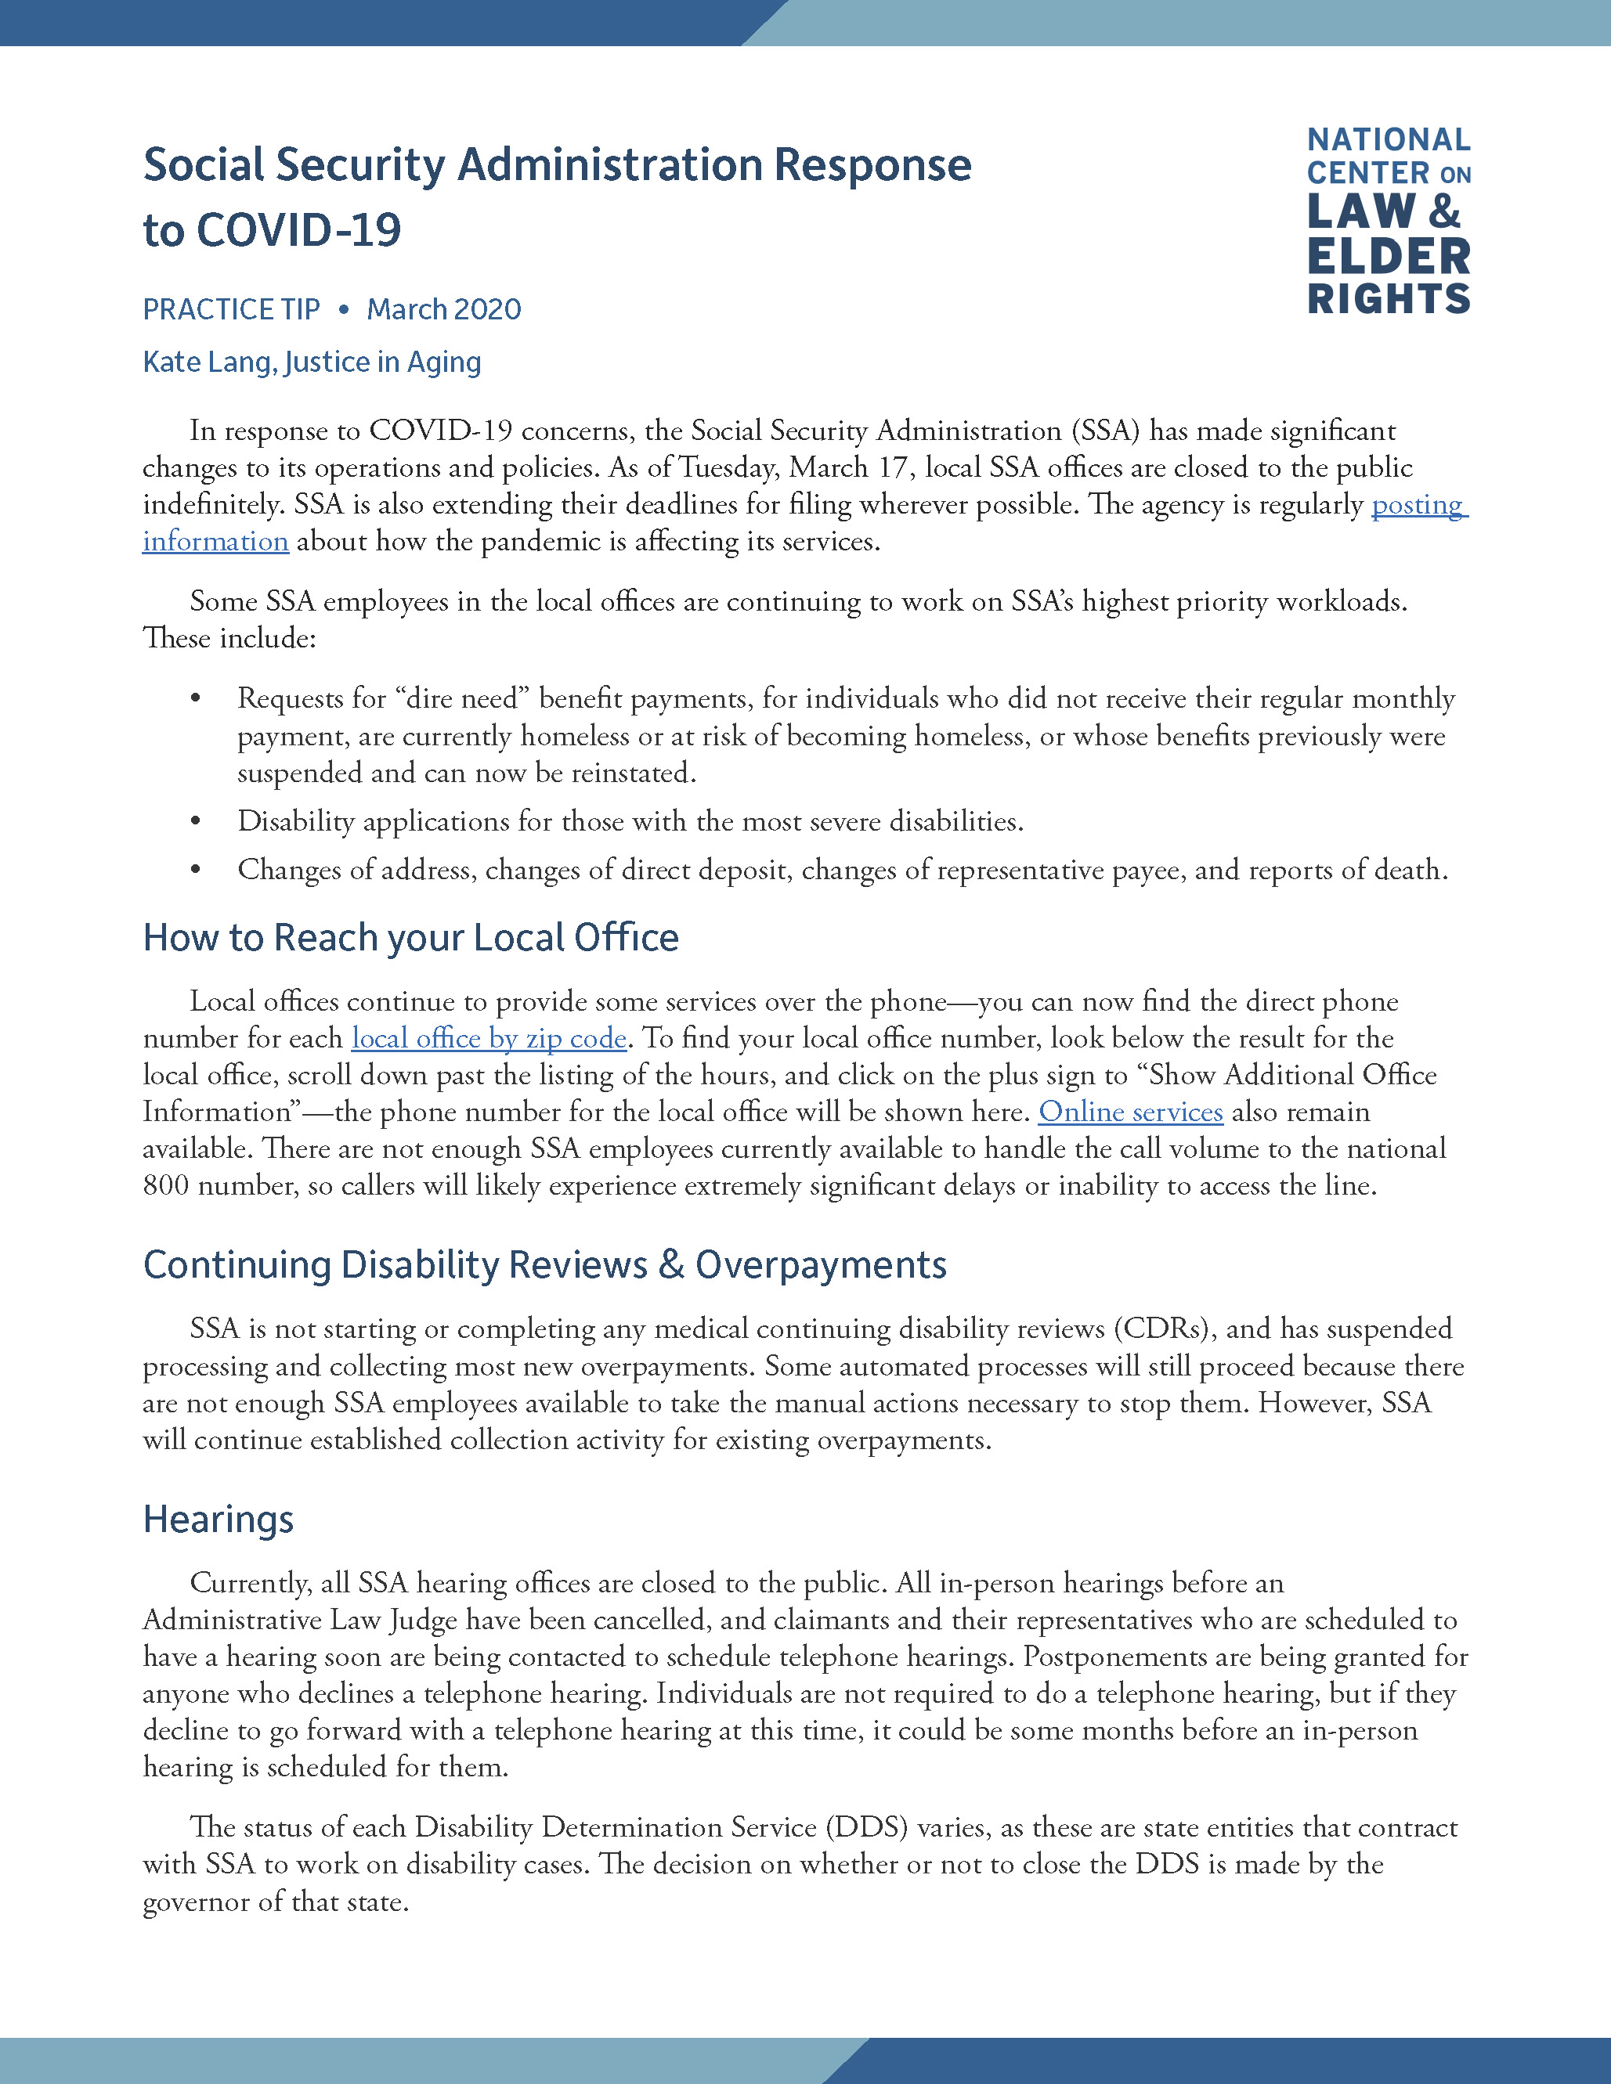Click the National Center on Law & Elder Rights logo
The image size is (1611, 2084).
pyautogui.click(x=1389, y=221)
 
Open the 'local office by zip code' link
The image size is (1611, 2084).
pyautogui.click(x=489, y=1038)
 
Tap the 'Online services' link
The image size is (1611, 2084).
pyautogui.click(x=1130, y=1112)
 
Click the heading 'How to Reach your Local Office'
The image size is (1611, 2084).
pyautogui.click(x=410, y=938)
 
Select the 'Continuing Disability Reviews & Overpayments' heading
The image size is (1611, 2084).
pyautogui.click(x=544, y=1264)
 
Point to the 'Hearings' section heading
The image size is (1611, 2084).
pyautogui.click(x=218, y=1519)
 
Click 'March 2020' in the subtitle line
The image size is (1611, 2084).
pyautogui.click(x=444, y=309)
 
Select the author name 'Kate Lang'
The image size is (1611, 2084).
pyautogui.click(x=207, y=362)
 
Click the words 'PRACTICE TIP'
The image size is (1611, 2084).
pyautogui.click(x=231, y=309)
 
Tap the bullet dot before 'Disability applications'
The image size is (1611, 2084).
pyautogui.click(x=196, y=821)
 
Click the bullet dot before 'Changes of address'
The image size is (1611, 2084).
pyautogui.click(x=196, y=871)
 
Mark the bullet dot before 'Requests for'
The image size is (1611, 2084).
pyautogui.click(x=196, y=699)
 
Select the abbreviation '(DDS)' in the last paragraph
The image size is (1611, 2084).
pyautogui.click(x=866, y=1827)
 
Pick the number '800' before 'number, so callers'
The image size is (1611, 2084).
pyautogui.click(x=165, y=1186)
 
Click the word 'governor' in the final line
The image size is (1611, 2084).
pyautogui.click(x=197, y=1902)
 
